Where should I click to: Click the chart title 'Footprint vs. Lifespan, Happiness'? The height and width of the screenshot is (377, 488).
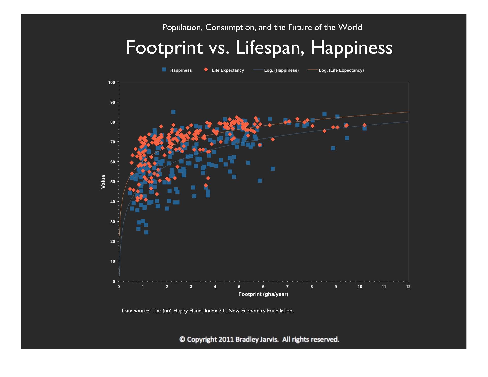[259, 48]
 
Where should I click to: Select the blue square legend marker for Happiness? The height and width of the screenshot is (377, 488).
[164, 70]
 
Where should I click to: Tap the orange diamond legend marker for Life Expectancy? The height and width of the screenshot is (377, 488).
[206, 70]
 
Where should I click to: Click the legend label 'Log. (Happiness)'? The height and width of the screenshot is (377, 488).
[281, 70]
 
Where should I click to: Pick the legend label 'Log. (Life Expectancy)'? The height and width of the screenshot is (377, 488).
[341, 70]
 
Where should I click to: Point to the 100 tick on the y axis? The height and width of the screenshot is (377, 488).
[112, 83]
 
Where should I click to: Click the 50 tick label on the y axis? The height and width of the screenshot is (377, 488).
[113, 182]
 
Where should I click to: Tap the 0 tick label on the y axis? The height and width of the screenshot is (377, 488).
[114, 281]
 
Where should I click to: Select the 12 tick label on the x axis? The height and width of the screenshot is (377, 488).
[408, 287]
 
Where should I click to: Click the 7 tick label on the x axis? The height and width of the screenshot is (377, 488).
[287, 287]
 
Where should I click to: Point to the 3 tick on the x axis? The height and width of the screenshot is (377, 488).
[191, 287]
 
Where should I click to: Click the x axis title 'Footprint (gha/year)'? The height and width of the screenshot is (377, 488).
[263, 294]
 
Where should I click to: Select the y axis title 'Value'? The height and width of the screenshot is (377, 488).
[103, 182]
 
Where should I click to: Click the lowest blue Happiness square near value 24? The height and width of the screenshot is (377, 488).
[146, 232]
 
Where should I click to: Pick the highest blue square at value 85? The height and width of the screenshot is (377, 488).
[173, 112]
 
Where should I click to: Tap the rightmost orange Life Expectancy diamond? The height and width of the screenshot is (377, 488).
[365, 125]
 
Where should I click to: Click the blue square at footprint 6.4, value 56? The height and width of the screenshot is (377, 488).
[273, 169]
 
